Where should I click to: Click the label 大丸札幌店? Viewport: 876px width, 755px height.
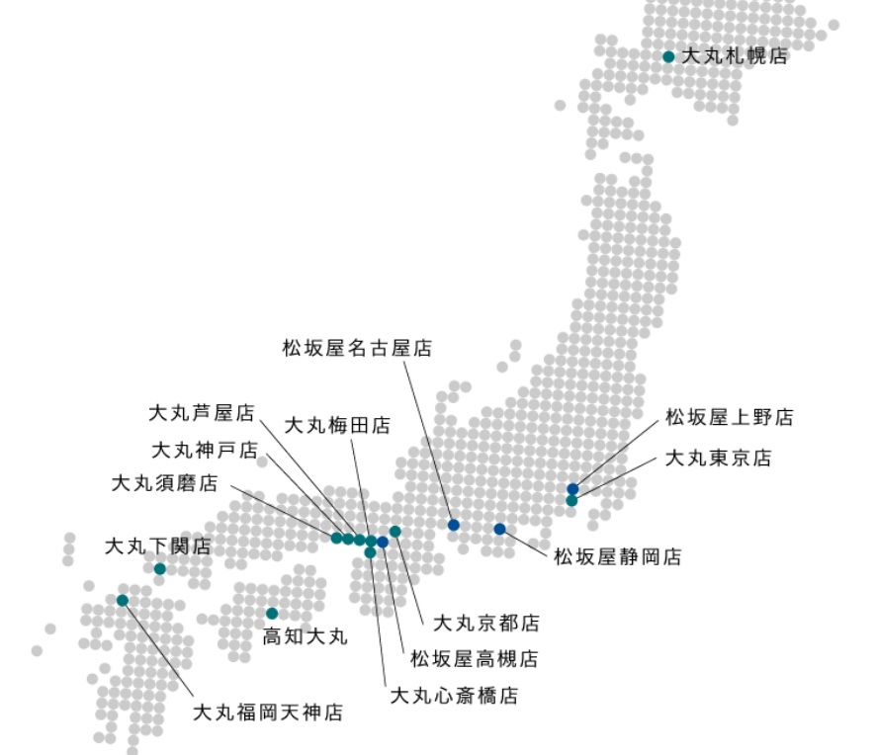tap(735, 56)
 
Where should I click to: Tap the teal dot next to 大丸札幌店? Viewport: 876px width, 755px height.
tap(669, 56)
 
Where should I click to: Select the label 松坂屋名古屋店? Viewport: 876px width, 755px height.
tap(356, 348)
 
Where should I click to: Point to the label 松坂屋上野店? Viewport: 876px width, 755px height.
tap(729, 418)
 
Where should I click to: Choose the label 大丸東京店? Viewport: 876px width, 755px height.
tap(718, 459)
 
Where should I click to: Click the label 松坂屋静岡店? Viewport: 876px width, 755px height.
tap(617, 557)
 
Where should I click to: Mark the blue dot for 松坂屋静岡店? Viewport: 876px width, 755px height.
tap(500, 529)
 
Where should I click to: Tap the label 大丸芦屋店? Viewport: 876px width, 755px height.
tap(202, 411)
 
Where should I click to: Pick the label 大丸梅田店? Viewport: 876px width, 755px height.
tap(337, 426)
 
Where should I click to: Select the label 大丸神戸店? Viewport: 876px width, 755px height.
tap(204, 451)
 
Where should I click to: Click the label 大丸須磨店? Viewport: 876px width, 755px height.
tap(164, 483)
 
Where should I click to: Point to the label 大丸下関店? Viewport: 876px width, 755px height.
tap(158, 545)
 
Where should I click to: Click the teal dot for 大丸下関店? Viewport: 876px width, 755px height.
tap(160, 568)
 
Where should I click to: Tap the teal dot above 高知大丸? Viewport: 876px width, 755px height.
tap(272, 614)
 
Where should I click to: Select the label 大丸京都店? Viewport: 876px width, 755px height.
tap(486, 623)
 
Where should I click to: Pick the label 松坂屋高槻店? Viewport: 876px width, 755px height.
tap(474, 658)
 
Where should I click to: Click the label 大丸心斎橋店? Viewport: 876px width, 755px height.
tap(454, 696)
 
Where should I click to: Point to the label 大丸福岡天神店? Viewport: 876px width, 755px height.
tap(267, 712)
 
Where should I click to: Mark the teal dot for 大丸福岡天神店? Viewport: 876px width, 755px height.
tap(123, 600)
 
